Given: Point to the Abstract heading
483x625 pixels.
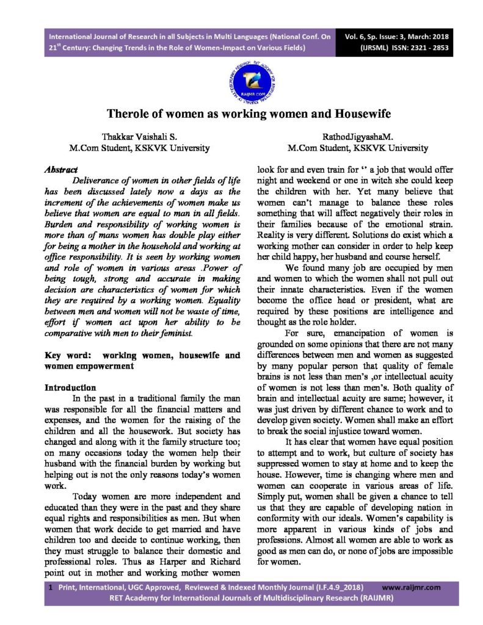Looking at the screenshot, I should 62,169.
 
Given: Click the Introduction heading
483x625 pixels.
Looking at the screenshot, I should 71,388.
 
